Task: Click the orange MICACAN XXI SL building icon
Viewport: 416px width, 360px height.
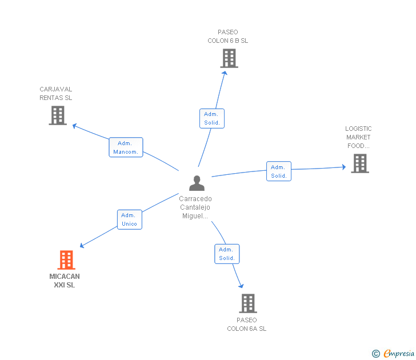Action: click(66, 260)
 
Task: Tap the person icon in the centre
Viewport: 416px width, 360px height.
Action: click(197, 183)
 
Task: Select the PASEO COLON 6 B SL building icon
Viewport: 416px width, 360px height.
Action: click(229, 58)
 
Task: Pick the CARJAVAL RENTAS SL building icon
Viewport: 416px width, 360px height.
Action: click(58, 115)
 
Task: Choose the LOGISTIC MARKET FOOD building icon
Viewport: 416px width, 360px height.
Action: click(360, 163)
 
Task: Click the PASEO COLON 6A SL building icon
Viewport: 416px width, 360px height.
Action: click(248, 303)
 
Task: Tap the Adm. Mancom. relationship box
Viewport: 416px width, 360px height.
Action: click(126, 147)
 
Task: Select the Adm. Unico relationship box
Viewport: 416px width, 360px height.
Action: click(130, 219)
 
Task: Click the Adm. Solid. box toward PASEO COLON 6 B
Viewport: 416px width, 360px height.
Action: click(212, 118)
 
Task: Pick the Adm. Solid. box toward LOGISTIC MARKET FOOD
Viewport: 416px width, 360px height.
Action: click(279, 171)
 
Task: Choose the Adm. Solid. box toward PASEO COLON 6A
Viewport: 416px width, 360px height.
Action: click(227, 254)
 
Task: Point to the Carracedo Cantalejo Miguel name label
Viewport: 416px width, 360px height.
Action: click(195, 207)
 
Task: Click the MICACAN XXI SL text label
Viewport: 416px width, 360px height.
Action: click(65, 281)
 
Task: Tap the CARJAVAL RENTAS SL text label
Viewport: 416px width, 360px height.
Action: click(56, 93)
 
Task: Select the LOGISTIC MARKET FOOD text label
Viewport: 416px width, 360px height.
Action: click(358, 137)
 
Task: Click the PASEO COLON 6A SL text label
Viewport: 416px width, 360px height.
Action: click(247, 324)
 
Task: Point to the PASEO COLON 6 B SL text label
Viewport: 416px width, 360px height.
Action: click(228, 37)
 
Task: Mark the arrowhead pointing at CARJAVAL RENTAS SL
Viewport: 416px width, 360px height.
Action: click(75, 126)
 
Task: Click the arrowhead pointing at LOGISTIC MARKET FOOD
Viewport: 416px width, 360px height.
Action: click(344, 167)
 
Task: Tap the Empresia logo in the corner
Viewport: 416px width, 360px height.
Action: click(393, 354)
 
